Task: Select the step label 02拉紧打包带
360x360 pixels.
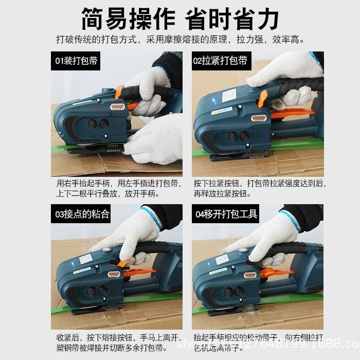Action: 220,61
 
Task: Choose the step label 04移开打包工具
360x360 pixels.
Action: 225,214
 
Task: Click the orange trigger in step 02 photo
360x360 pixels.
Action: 263,98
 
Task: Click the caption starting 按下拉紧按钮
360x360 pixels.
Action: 260,188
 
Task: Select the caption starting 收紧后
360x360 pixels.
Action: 118,342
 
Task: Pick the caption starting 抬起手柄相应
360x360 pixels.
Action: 260,342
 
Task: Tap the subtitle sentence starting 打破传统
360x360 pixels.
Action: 180,40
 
